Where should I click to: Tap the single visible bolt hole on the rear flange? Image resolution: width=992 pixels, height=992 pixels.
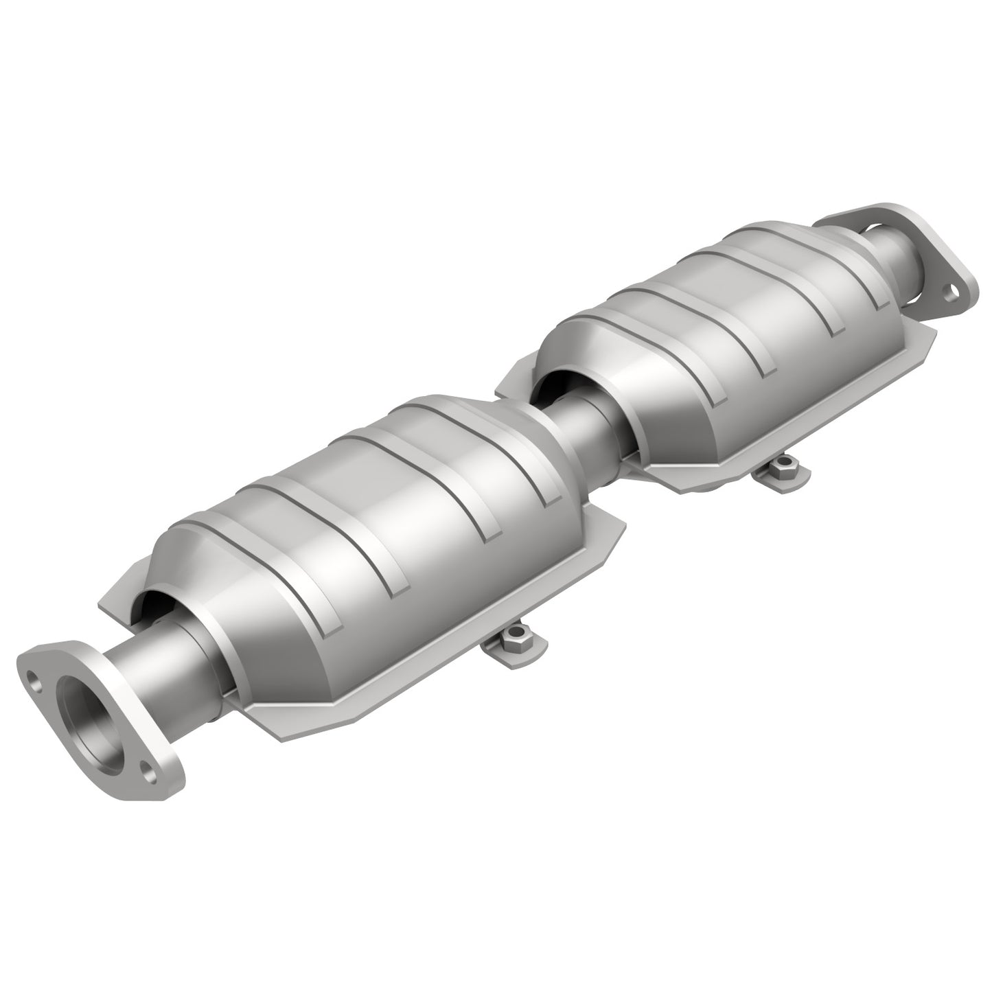pyautogui.click(x=950, y=294)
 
